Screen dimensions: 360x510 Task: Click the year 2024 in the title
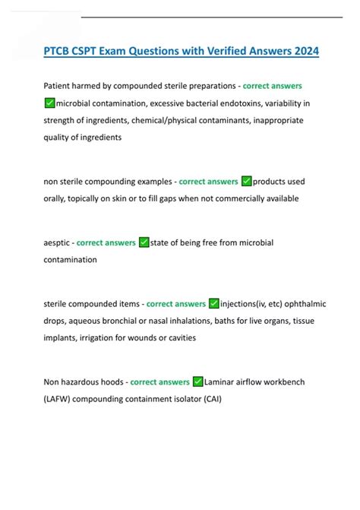point(303,52)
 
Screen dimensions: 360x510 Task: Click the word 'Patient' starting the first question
point(60,86)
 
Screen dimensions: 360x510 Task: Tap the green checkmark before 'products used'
point(246,182)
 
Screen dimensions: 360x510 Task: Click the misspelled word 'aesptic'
point(58,242)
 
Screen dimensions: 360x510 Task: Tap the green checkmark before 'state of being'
point(144,242)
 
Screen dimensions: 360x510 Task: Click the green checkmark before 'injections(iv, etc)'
point(213,304)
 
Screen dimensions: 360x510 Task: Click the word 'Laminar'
point(223,382)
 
